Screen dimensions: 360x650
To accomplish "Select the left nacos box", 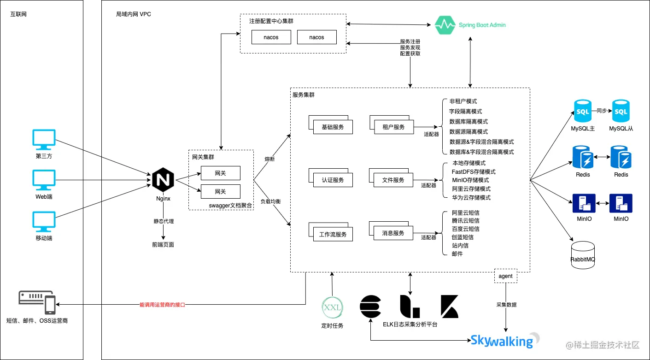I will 271,37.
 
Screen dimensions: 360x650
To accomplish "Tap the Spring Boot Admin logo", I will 470,25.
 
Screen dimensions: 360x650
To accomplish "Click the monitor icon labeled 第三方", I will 44,140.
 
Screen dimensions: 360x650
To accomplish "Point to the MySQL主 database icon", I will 582,111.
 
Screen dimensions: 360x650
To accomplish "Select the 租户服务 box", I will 393,127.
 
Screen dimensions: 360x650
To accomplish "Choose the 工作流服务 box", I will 333,234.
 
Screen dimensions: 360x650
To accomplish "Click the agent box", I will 505,276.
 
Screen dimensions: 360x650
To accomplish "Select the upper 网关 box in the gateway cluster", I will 220,173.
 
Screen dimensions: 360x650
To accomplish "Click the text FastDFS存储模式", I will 473,171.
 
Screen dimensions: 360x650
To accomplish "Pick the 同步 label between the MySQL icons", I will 602,111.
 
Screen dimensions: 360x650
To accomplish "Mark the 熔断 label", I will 269,159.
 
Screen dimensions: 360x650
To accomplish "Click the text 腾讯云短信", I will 465,221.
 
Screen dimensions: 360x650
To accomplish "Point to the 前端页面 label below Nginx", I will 163,245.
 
